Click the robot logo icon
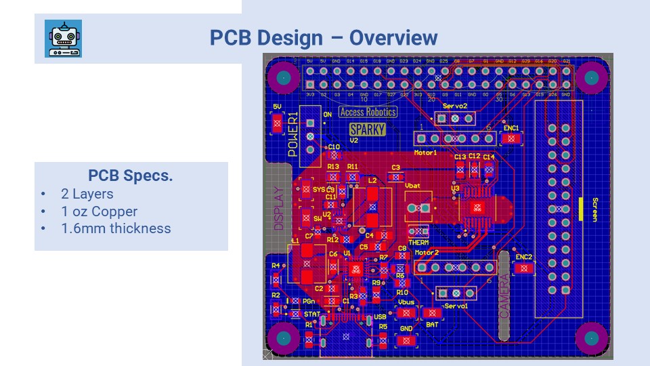pos(63,38)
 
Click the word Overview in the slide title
pos(393,38)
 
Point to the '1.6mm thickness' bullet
pos(116,228)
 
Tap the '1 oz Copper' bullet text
pos(99,211)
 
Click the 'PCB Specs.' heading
pos(130,176)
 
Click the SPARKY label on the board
pos(367,129)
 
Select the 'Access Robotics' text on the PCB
pos(368,113)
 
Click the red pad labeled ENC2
pos(523,268)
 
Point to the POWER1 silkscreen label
pos(293,134)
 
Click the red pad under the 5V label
pos(276,123)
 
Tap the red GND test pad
pos(406,340)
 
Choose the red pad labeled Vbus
pos(406,313)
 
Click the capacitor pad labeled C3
pos(395,177)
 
